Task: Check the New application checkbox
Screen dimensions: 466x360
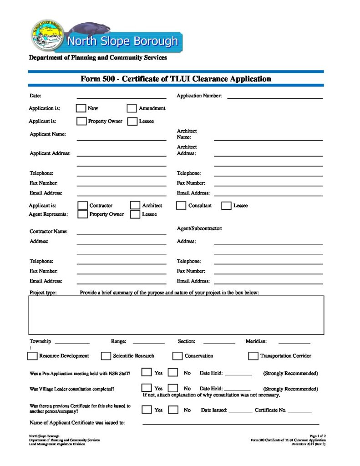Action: tap(81, 108)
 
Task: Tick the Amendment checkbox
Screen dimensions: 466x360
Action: tap(132, 108)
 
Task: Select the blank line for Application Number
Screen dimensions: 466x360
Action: tap(274, 97)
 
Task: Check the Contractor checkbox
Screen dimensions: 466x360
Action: tap(82, 206)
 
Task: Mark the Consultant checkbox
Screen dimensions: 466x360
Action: tap(181, 206)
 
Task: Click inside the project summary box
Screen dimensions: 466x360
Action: tap(177, 315)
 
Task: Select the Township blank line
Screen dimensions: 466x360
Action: tap(72, 342)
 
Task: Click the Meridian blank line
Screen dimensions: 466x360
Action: tap(294, 342)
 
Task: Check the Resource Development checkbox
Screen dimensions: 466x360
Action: tap(33, 356)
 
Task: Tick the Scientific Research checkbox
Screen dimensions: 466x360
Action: tap(106, 356)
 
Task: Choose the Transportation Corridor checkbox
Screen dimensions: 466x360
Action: tap(253, 356)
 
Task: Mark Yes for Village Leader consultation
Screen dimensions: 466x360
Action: tap(146, 388)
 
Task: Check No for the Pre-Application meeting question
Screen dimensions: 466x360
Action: tap(173, 373)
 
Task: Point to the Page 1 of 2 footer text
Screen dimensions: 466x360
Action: tap(317, 436)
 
